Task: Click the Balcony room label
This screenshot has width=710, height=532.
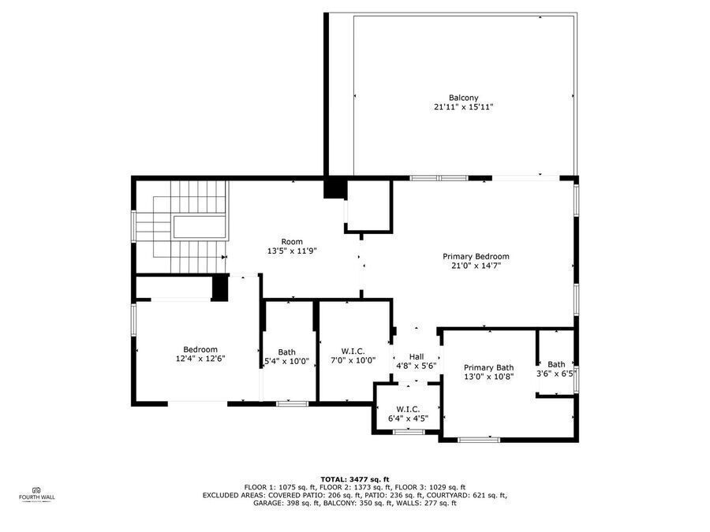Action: [463, 98]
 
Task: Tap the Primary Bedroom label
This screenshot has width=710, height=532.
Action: [476, 256]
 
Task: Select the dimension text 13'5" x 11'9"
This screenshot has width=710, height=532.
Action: [292, 251]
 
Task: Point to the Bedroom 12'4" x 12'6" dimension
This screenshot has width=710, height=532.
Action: [200, 359]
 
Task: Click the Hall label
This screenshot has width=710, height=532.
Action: [417, 357]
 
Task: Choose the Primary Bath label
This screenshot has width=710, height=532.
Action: [488, 367]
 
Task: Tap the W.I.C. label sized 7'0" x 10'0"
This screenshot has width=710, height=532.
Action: [353, 352]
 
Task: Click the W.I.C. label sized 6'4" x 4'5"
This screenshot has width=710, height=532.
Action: [408, 409]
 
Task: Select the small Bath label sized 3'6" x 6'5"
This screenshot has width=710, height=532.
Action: [556, 364]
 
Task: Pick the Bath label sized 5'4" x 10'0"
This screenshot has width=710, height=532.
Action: [286, 352]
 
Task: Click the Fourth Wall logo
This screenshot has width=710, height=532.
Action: [37, 494]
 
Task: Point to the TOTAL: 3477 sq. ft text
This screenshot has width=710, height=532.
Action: [354, 479]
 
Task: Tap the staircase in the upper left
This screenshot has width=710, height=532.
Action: [181, 227]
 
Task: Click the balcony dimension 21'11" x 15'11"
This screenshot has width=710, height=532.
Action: [463, 107]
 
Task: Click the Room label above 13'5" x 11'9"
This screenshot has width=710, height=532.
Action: [292, 242]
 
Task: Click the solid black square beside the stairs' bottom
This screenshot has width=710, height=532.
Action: [220, 287]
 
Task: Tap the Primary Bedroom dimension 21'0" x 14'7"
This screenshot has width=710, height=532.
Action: [476, 266]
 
